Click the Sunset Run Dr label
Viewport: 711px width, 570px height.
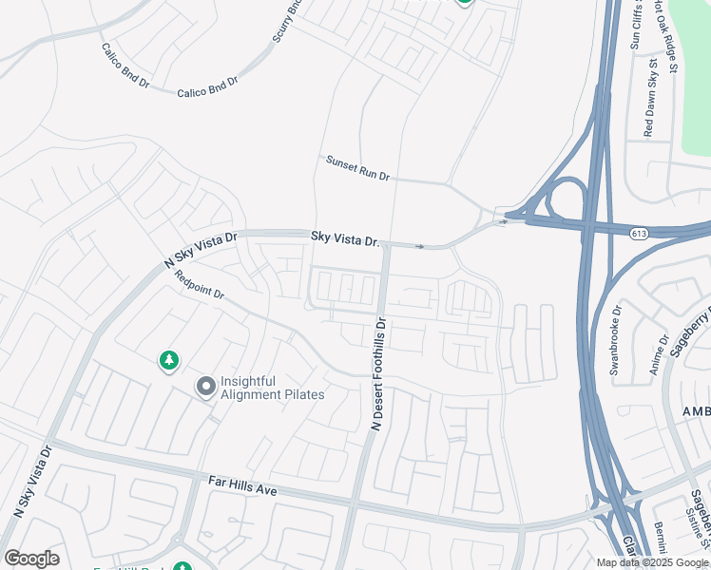click(358, 168)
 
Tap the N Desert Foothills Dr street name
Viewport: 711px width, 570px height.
click(378, 374)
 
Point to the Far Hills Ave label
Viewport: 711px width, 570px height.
click(242, 486)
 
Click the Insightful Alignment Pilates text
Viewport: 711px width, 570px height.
click(273, 388)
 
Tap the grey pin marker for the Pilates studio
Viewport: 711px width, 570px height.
click(205, 387)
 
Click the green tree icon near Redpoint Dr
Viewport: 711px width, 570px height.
click(168, 361)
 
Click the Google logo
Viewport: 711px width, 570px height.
click(31, 559)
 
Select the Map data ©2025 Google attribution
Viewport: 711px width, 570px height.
click(652, 562)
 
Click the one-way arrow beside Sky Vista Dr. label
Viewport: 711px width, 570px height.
click(420, 247)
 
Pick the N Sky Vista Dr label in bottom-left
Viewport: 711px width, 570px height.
click(31, 481)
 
